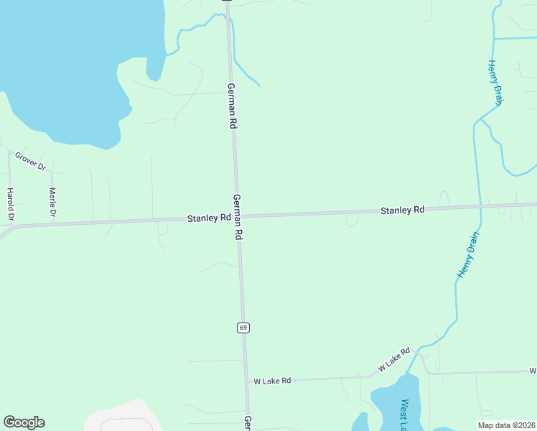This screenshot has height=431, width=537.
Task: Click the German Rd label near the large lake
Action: pos(232,106)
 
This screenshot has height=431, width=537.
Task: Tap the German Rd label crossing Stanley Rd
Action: pos(238,217)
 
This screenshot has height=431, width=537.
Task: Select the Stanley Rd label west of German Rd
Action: pos(209,217)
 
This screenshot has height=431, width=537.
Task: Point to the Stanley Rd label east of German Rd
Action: pos(402,210)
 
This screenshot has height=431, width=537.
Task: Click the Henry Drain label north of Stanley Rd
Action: pos(496,83)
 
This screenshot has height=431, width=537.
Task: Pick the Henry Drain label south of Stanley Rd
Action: pos(468,254)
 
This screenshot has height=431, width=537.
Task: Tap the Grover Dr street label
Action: pos(30,161)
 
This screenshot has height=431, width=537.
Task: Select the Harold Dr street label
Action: pos(10,204)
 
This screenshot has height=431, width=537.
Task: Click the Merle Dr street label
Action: pos(52,202)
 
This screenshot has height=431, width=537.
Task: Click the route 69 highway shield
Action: pos(243,328)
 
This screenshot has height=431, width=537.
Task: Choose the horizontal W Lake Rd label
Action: pos(272,381)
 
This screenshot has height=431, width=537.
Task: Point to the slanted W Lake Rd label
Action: pos(394,359)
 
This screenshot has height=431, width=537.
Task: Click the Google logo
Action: pos(24,422)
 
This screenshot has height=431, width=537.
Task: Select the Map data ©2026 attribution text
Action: pos(506,425)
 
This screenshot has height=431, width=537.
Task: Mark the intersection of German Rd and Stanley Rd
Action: pos(238,215)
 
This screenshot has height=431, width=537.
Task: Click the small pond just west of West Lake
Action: pos(361,422)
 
